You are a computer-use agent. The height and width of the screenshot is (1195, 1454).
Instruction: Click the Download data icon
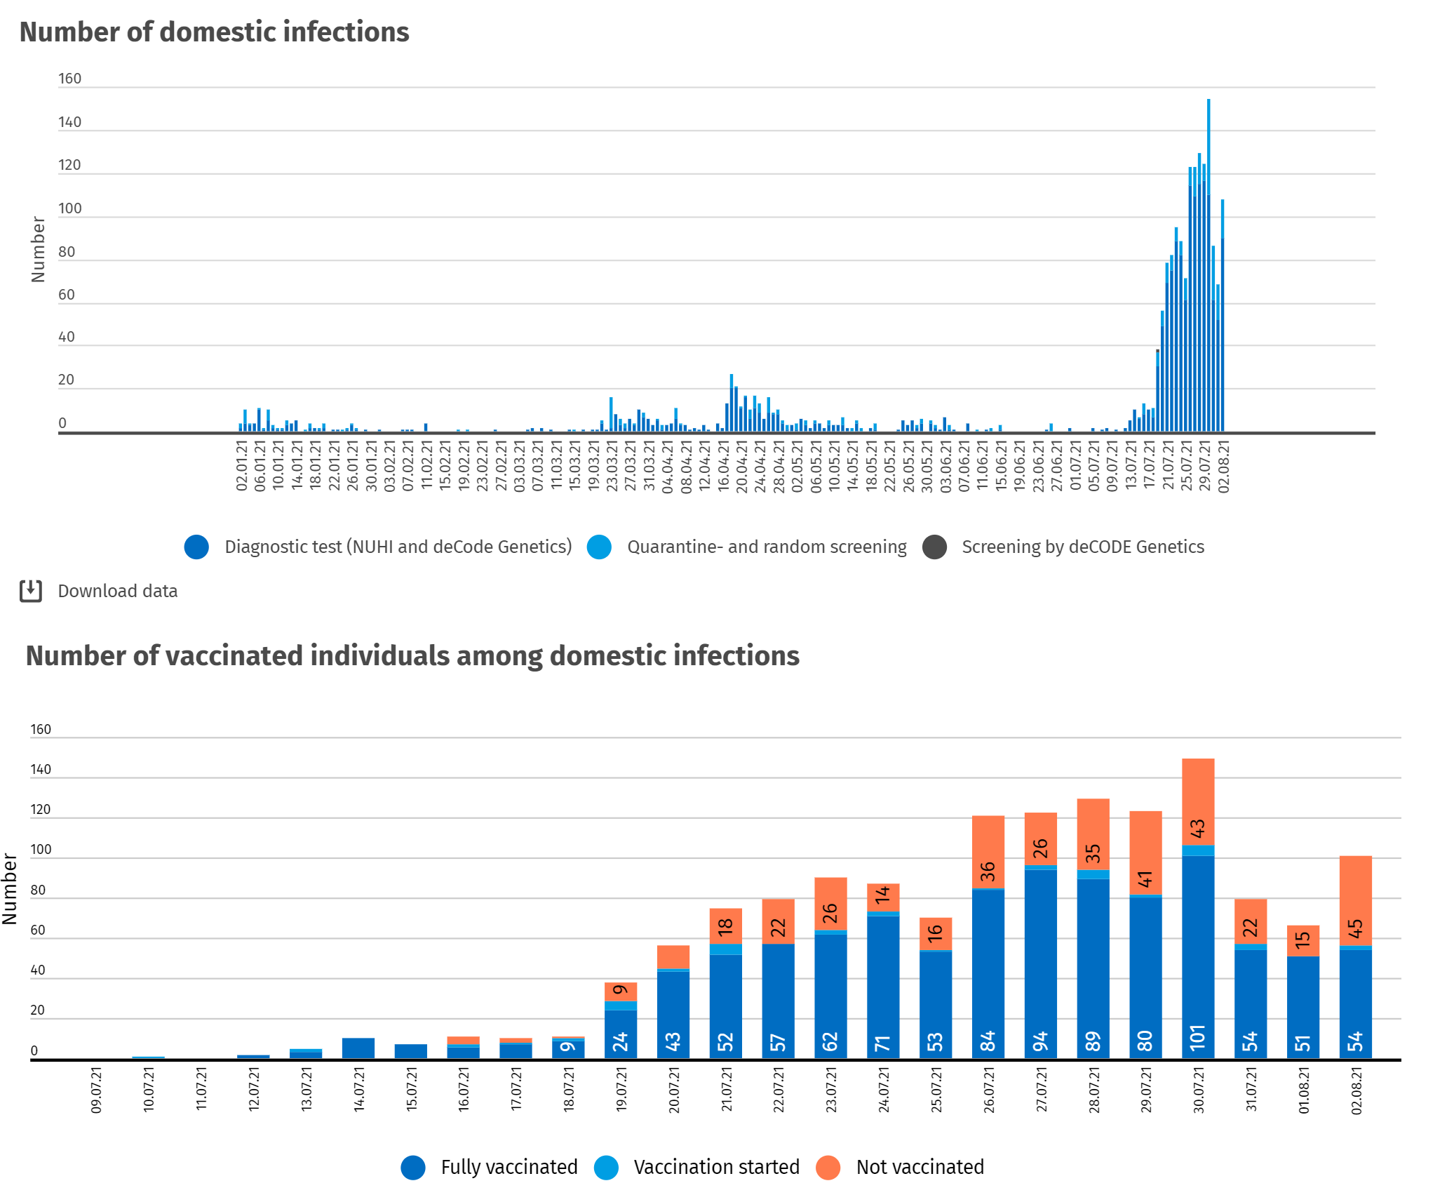[x=31, y=591]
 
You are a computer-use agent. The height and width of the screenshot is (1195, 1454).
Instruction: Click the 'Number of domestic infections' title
[x=214, y=32]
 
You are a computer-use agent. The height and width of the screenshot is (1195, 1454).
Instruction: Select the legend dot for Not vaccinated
[x=828, y=1167]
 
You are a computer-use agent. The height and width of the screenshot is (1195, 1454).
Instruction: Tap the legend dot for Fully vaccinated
[x=413, y=1167]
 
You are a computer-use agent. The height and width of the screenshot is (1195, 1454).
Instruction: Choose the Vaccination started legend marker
[x=606, y=1167]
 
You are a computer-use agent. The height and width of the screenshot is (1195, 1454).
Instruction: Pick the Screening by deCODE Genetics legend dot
[x=934, y=547]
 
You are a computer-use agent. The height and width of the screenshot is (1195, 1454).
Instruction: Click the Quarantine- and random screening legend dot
[x=599, y=547]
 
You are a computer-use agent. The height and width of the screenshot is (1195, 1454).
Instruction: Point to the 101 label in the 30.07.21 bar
[x=1197, y=1037]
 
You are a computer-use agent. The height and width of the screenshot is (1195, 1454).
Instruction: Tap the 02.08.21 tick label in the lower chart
[x=1357, y=1090]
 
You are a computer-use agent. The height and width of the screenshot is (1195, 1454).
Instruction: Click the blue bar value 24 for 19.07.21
[x=621, y=1041]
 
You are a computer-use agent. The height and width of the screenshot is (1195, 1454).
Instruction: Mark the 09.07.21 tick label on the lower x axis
[x=96, y=1090]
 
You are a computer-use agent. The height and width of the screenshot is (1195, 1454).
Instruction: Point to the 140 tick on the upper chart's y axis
[x=69, y=122]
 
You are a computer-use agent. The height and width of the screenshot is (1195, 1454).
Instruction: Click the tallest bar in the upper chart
[x=1209, y=267]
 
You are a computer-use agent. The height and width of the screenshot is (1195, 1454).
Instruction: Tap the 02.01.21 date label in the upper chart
[x=241, y=466]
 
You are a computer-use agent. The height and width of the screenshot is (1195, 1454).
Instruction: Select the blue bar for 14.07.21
[x=358, y=1048]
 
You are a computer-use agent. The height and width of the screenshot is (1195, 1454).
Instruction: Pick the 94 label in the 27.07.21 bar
[x=1040, y=1041]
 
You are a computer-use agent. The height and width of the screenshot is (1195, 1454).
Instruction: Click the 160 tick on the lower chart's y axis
[x=41, y=729]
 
